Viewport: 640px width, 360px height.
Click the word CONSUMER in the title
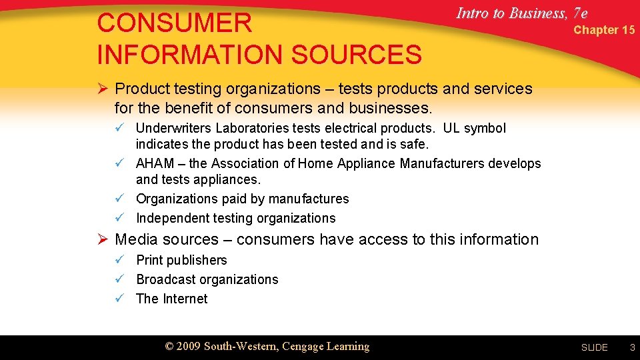pyautogui.click(x=174, y=23)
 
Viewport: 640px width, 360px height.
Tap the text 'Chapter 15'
pyautogui.click(x=604, y=30)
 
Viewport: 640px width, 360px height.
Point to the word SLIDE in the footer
pyautogui.click(x=594, y=347)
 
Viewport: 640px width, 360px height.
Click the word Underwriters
pyautogui.click(x=175, y=128)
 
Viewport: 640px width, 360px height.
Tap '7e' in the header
pyautogui.click(x=579, y=13)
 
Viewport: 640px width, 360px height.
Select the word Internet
pyautogui.click(x=185, y=299)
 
